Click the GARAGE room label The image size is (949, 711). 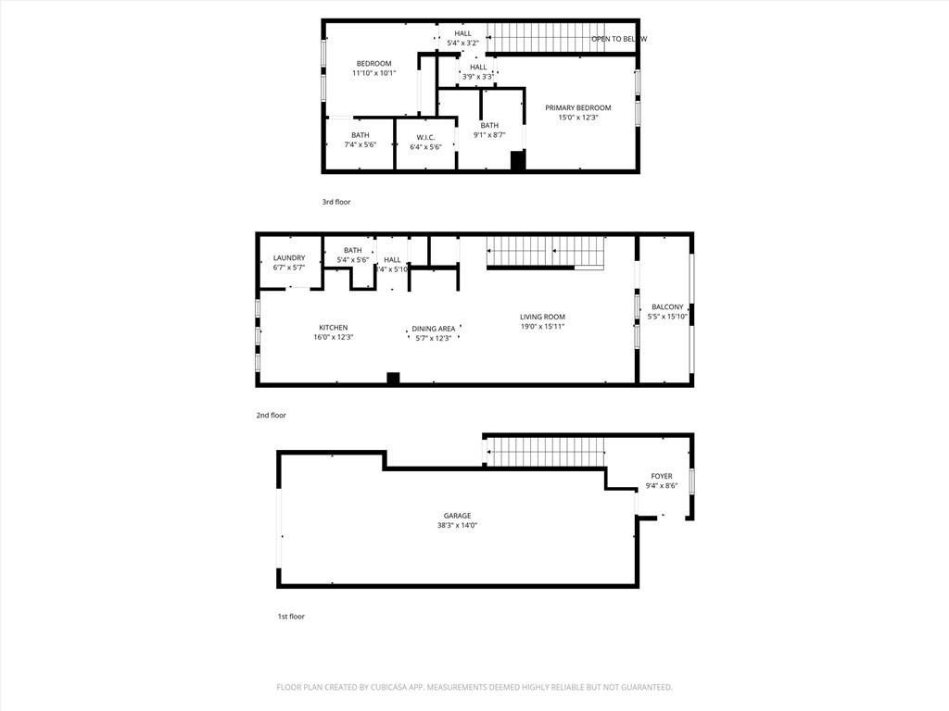457,516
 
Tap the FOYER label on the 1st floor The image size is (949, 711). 662,476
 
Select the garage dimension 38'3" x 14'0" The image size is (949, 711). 457,526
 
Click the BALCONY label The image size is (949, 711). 667,307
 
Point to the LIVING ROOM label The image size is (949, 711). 542,317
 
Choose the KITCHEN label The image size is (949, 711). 334,328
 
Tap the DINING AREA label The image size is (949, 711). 433,329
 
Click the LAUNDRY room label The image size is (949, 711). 289,258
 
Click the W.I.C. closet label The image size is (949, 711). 425,137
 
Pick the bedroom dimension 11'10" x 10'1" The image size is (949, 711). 374,73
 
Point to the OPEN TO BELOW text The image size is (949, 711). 619,39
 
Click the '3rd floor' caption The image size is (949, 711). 336,202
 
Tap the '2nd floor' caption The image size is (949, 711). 272,416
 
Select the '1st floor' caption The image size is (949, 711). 290,617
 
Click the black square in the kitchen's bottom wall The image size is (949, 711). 393,378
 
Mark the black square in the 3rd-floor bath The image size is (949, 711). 518,160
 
